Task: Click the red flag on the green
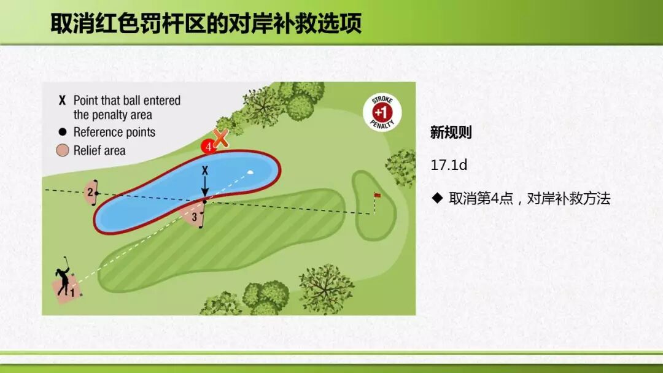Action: (x=377, y=195)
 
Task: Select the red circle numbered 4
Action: (x=208, y=147)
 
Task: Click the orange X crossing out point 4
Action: (x=220, y=138)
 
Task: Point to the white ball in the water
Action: (x=250, y=172)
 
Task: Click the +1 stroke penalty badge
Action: (x=382, y=112)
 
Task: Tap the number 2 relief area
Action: (x=90, y=193)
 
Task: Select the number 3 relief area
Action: (x=193, y=215)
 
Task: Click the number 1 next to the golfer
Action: (x=72, y=292)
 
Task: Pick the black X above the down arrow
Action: (x=205, y=170)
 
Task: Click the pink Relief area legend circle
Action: (x=62, y=150)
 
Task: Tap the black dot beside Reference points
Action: (x=63, y=132)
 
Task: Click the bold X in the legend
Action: (x=62, y=101)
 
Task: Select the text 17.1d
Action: (x=449, y=165)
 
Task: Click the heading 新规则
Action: (x=451, y=133)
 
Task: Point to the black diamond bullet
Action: (x=437, y=198)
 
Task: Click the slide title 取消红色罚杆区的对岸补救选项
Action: (x=206, y=23)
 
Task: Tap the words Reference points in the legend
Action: (x=114, y=133)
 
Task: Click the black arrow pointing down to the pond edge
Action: (x=205, y=186)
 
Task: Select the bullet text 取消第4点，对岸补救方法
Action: (x=529, y=198)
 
